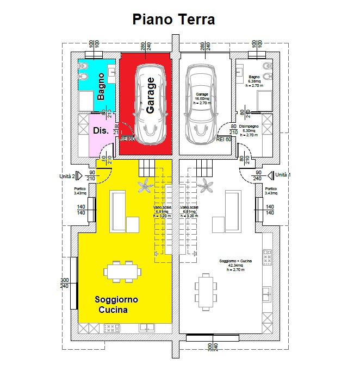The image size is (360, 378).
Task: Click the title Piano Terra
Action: point(174,20)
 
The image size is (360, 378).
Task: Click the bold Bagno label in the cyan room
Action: point(101,87)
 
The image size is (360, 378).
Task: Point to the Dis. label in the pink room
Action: point(101,131)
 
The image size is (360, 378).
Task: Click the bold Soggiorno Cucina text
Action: point(115,305)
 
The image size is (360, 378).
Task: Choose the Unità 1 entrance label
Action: point(283,175)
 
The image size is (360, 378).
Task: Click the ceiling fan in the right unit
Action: point(205,187)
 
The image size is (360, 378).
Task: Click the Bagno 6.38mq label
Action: point(255,81)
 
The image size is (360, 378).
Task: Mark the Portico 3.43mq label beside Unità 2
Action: point(80,191)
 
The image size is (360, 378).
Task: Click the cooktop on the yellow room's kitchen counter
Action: point(111,328)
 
